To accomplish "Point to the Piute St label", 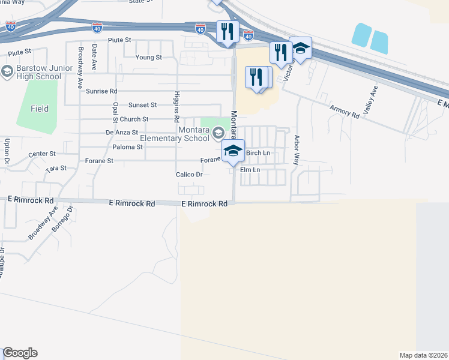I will tap(119, 40).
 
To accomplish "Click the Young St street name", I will tap(149, 58).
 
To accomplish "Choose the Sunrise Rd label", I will tap(101, 91).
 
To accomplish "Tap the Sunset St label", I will tap(142, 104).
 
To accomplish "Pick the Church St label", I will tap(134, 119).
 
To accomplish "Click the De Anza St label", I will tap(122, 132).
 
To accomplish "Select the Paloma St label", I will tap(127, 146).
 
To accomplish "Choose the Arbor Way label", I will tap(296, 149).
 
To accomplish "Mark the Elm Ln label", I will tap(250, 170).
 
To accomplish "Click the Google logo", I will tap(20, 353).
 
